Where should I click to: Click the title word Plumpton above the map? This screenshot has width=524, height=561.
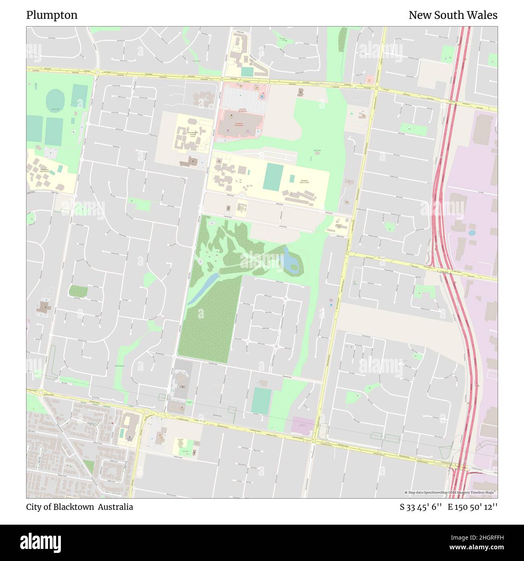click(52, 15)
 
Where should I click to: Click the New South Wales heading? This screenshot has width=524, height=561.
click(453, 15)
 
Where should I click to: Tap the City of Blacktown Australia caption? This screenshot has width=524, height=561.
click(79, 507)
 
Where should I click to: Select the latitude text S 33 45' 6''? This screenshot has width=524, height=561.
click(421, 507)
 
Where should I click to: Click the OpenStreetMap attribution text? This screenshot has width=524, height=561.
click(451, 492)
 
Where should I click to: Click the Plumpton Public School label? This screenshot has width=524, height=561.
click(304, 182)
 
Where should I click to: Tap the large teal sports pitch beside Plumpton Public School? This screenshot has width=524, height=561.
click(274, 176)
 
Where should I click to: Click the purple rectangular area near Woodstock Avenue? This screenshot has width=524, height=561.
click(302, 425)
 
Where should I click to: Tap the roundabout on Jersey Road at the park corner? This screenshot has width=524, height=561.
click(97, 73)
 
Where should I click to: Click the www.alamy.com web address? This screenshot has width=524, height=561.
click(477, 548)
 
